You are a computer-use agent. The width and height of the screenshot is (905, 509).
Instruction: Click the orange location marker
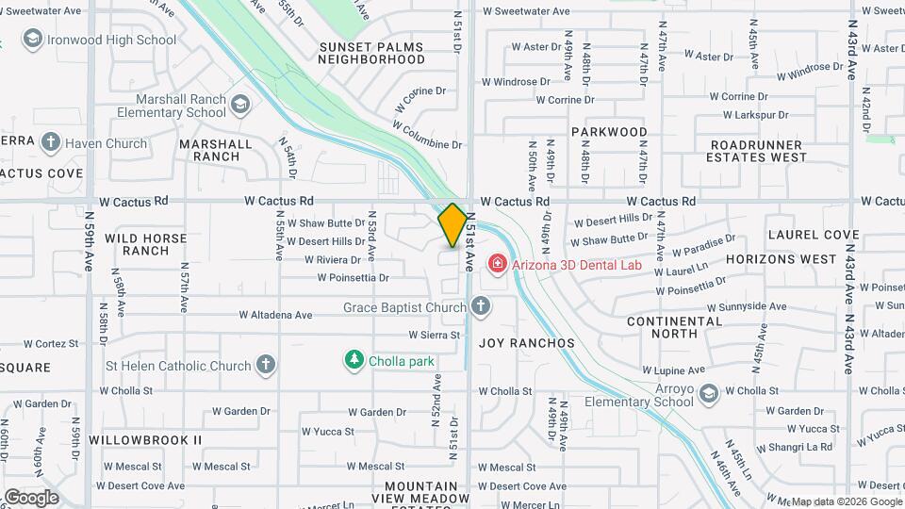pyautogui.click(x=452, y=225)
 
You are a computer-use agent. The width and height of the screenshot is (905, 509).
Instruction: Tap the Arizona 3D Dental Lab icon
pyautogui.click(x=497, y=264)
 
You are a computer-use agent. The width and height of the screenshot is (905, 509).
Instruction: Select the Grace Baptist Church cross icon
pyautogui.click(x=481, y=306)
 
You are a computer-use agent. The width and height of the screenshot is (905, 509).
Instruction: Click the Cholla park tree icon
pyautogui.click(x=354, y=360)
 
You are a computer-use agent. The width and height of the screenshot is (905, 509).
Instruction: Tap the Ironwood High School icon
pyautogui.click(x=33, y=40)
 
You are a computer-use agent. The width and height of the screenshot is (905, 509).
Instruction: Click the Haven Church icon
pyautogui.click(x=50, y=143)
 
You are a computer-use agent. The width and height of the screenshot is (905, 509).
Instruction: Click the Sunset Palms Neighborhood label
pyautogui.click(x=371, y=53)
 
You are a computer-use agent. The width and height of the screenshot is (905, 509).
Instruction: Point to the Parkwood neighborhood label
pyautogui.click(x=608, y=132)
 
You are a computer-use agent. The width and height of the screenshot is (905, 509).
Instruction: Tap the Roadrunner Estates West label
pyautogui.click(x=756, y=151)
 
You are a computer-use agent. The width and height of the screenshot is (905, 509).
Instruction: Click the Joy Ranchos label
pyautogui.click(x=527, y=343)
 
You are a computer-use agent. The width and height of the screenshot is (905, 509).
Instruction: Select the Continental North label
pyautogui.click(x=675, y=327)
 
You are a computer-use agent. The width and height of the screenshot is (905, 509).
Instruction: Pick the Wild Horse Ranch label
pyautogui.click(x=145, y=244)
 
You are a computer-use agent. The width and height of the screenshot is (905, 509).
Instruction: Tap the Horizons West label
pyautogui.click(x=782, y=258)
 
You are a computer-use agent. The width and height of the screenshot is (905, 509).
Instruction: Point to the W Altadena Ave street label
pyautogui.click(x=275, y=315)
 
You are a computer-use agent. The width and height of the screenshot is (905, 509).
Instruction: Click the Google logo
pyautogui.click(x=31, y=497)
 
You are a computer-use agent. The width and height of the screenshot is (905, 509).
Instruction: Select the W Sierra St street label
pyautogui.click(x=434, y=335)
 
